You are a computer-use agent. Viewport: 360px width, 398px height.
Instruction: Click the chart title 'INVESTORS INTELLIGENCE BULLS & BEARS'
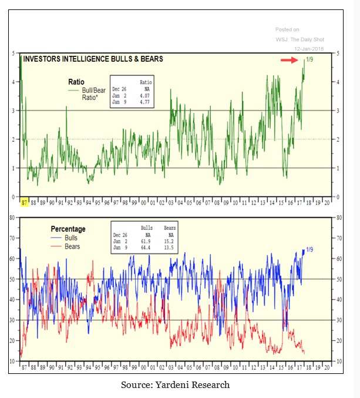(93, 59)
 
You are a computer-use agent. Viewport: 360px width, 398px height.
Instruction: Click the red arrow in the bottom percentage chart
(285, 322)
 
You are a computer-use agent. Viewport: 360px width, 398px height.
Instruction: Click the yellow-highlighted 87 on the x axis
(24, 202)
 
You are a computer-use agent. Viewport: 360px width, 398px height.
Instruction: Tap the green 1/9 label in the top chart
(309, 59)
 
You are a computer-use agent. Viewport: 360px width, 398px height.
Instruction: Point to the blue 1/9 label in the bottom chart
(308, 250)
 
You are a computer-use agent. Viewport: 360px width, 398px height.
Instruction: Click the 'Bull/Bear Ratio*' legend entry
(94, 93)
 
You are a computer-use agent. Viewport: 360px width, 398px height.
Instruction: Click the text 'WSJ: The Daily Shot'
(300, 39)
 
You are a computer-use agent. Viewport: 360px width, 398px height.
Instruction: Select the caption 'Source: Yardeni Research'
(175, 384)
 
